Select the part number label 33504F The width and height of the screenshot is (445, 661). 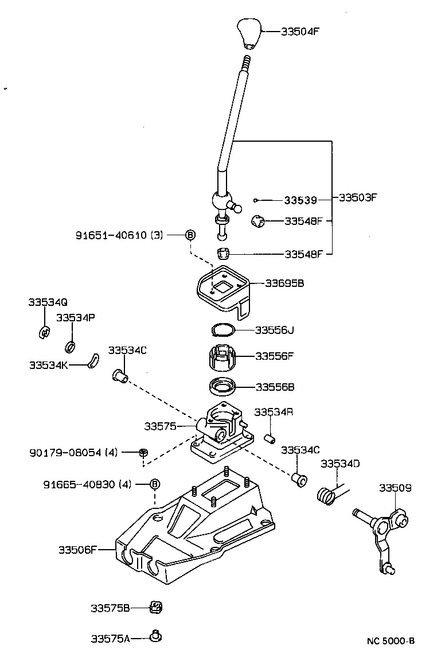coord(300,32)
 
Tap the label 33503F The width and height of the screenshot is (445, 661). coord(357,198)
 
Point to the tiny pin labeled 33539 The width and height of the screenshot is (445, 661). coord(256,200)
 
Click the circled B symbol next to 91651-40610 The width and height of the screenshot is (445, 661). coord(190,235)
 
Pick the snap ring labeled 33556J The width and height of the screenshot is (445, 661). coord(223,330)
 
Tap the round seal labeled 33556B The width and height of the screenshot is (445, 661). coord(222,387)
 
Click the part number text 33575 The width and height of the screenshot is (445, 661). coord(159,426)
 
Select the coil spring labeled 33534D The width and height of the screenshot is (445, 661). coord(326,495)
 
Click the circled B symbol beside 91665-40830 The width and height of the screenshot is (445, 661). coord(154,484)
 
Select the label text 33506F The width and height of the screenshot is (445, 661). coord(77,549)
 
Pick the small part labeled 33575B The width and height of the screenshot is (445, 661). coord(155,606)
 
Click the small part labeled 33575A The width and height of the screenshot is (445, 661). coord(155,636)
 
